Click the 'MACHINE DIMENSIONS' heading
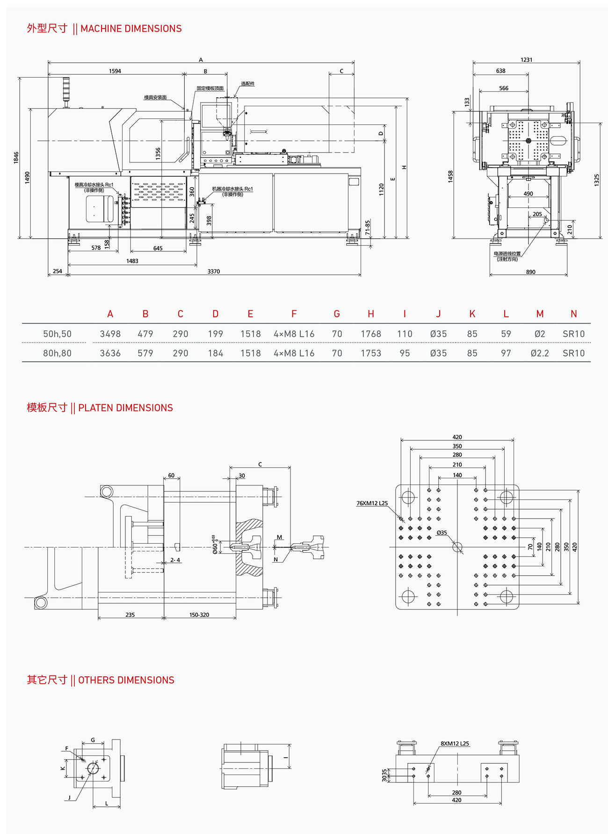(x=130, y=29)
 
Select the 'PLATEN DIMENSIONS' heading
(x=125, y=408)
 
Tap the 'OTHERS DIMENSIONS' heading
(x=126, y=680)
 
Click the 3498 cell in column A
(x=110, y=334)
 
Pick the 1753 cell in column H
(x=371, y=353)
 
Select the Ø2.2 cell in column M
(x=540, y=353)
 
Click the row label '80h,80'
(x=57, y=353)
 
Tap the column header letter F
(x=294, y=314)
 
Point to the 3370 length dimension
(x=214, y=271)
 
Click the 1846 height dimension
(x=16, y=157)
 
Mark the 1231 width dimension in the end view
(x=526, y=60)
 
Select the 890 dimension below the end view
(x=530, y=272)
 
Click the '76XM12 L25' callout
(x=372, y=503)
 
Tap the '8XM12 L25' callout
(x=455, y=743)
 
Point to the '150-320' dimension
(x=199, y=615)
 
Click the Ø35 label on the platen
(x=442, y=533)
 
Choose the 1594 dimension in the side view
(x=115, y=71)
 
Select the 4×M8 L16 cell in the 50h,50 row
(x=294, y=334)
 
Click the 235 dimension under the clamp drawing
(x=130, y=615)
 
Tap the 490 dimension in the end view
(x=528, y=194)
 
